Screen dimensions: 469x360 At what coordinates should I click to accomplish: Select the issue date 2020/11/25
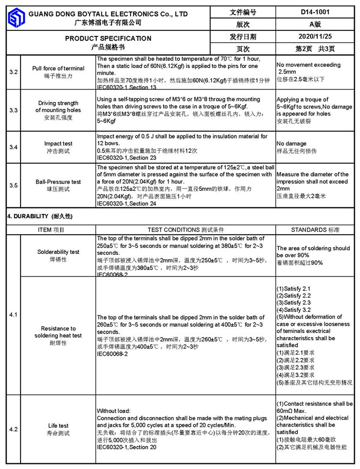click(x=315, y=37)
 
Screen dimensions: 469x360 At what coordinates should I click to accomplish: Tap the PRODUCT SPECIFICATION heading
click(x=108, y=39)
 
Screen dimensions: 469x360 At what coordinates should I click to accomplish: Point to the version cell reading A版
click(x=315, y=24)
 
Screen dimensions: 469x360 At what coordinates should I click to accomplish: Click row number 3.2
click(x=13, y=72)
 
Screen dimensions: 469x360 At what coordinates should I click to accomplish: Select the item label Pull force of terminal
click(x=58, y=68)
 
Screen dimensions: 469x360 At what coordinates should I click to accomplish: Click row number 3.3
click(x=13, y=110)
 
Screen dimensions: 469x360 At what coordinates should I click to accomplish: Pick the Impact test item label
click(x=58, y=144)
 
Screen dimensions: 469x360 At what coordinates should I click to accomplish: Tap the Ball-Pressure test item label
click(x=58, y=182)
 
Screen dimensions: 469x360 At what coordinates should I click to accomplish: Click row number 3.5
click(x=13, y=185)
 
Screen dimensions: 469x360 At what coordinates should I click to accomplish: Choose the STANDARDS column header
click(x=315, y=230)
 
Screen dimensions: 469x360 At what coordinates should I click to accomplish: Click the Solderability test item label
click(x=58, y=252)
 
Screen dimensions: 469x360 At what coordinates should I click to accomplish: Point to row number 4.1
click(x=13, y=314)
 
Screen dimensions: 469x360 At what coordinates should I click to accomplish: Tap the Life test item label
click(x=58, y=426)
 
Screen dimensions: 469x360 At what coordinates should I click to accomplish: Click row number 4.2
click(x=13, y=429)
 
